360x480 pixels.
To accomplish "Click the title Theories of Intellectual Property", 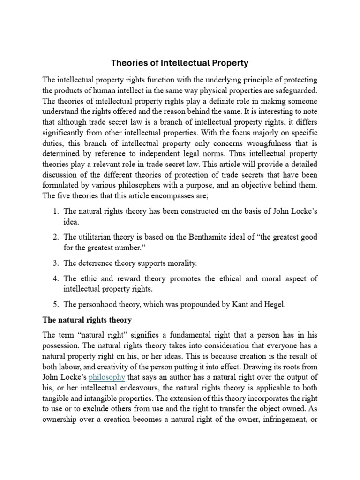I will click(x=180, y=63).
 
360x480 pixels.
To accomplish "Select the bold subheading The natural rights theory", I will click(x=87, y=320).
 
